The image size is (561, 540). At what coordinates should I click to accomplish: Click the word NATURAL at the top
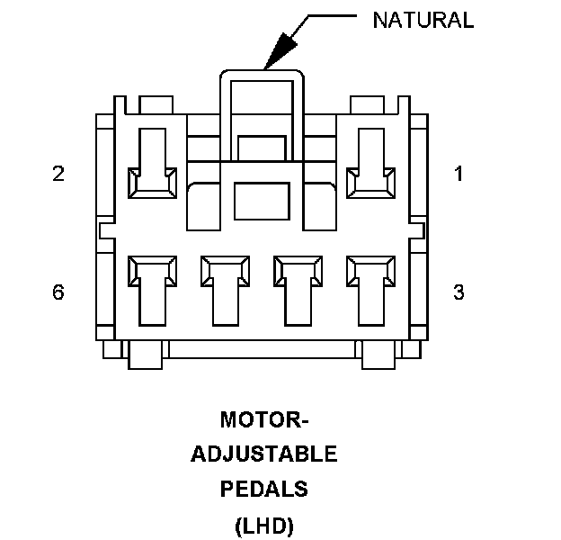pyautogui.click(x=423, y=21)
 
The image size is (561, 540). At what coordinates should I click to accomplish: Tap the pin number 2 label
pyautogui.click(x=58, y=174)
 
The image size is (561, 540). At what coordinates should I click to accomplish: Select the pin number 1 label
pyautogui.click(x=459, y=174)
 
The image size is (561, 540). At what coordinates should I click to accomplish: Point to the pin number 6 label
pyautogui.click(x=58, y=292)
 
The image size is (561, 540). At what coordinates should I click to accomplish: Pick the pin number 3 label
pyautogui.click(x=459, y=292)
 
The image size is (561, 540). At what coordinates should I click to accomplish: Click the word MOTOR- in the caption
pyautogui.click(x=264, y=420)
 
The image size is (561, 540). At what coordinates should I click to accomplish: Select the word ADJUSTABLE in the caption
pyautogui.click(x=264, y=454)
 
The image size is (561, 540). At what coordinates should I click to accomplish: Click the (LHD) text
pyautogui.click(x=264, y=524)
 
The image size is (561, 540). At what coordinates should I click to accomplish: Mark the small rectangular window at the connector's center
pyautogui.click(x=262, y=196)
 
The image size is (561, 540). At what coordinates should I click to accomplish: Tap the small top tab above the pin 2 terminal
pyautogui.click(x=157, y=104)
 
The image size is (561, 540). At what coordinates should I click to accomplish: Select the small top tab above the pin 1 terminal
pyautogui.click(x=364, y=104)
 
